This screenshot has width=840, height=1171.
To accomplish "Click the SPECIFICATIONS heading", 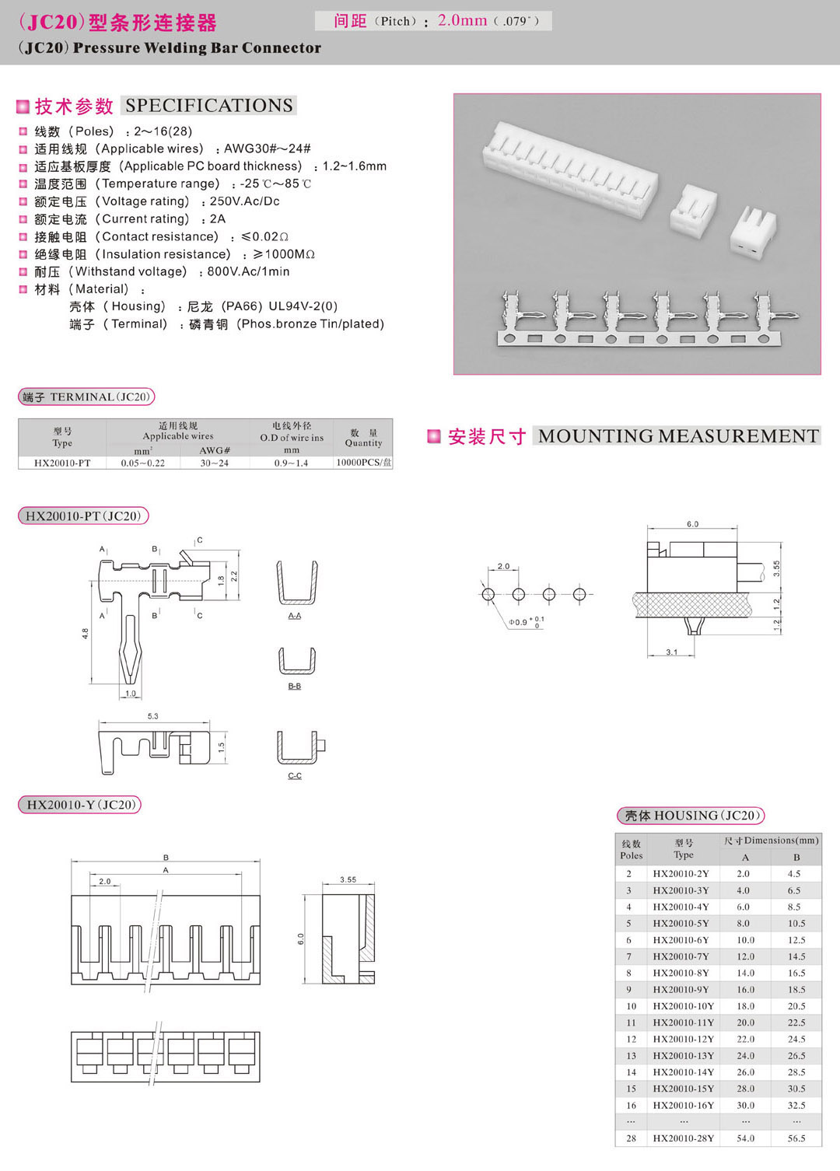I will point(208,106).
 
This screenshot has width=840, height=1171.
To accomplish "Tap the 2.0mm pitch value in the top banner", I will point(462,21).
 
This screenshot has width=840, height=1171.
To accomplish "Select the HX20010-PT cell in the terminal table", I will point(62,463).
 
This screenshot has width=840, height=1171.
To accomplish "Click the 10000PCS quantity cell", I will point(363,463).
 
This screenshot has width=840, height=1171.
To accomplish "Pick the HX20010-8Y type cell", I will point(681,973).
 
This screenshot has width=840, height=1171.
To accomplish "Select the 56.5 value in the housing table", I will point(796,1138).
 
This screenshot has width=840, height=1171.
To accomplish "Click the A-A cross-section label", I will point(295,616).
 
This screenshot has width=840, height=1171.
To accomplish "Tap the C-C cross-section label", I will point(295,776).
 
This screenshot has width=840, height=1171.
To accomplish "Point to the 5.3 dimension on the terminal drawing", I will point(152,716).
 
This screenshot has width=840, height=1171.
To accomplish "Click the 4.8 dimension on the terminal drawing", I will point(85,634).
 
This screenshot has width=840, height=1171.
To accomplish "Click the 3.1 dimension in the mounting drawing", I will point(672,652).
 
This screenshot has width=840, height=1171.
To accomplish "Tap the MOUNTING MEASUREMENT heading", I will point(678,436).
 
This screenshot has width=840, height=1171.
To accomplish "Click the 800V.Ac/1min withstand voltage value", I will point(248,272).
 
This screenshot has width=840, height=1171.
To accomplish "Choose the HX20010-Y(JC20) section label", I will point(80,805).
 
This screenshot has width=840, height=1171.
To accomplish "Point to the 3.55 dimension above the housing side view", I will point(348,879).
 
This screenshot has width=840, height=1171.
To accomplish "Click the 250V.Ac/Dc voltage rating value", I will point(244,201).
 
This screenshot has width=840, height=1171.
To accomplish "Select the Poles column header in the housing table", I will point(632,849).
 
